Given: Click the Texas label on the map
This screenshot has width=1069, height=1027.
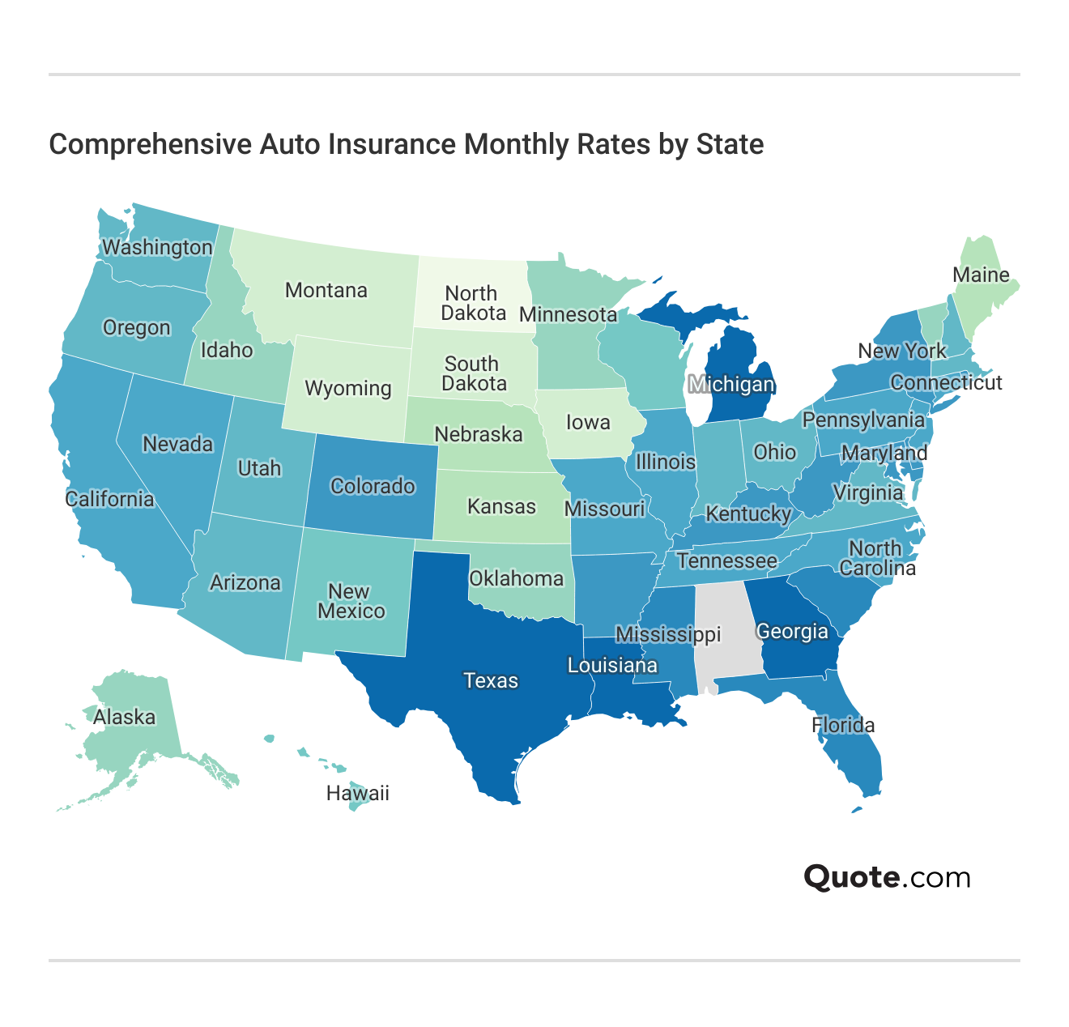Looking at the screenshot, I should pos(490,680).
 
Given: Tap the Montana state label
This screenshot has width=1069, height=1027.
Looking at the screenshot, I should pos(326,290).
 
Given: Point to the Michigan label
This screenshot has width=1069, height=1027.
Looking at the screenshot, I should pos(731,384).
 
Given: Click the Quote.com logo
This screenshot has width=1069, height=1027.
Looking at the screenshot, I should pos(887,877).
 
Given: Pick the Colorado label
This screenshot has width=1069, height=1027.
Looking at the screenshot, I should pos(373,486).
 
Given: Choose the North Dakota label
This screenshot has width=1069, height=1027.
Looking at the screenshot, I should pos(473,303).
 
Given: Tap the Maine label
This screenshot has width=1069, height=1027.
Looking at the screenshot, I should pos(981,275).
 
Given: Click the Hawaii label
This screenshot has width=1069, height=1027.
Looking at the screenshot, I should pos(357,793).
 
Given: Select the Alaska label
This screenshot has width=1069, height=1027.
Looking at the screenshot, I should pos(124,717).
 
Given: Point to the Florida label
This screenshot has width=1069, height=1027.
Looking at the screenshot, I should pos(843,725).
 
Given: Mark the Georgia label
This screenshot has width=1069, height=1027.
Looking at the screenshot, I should pos(792,631).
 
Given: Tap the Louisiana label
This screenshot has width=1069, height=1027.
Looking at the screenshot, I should pos(612,666).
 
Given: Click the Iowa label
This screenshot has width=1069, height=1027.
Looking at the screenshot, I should pos(587,422).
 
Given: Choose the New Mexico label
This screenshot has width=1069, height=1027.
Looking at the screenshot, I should pos(351,601).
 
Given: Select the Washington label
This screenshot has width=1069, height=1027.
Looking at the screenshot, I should pos(157,247).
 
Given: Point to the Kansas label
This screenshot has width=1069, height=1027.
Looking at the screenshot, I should pos(501,506).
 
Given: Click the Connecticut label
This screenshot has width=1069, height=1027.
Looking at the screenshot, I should pos(946,382).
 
